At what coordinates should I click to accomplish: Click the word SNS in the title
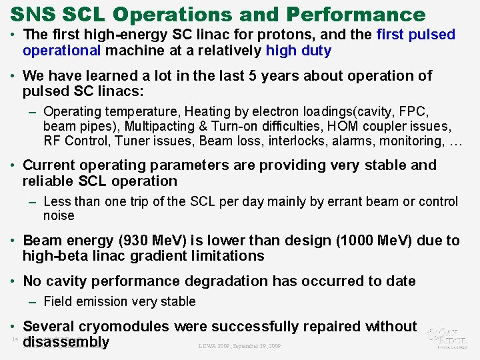tap(33, 14)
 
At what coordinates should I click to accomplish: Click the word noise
tap(59, 215)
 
